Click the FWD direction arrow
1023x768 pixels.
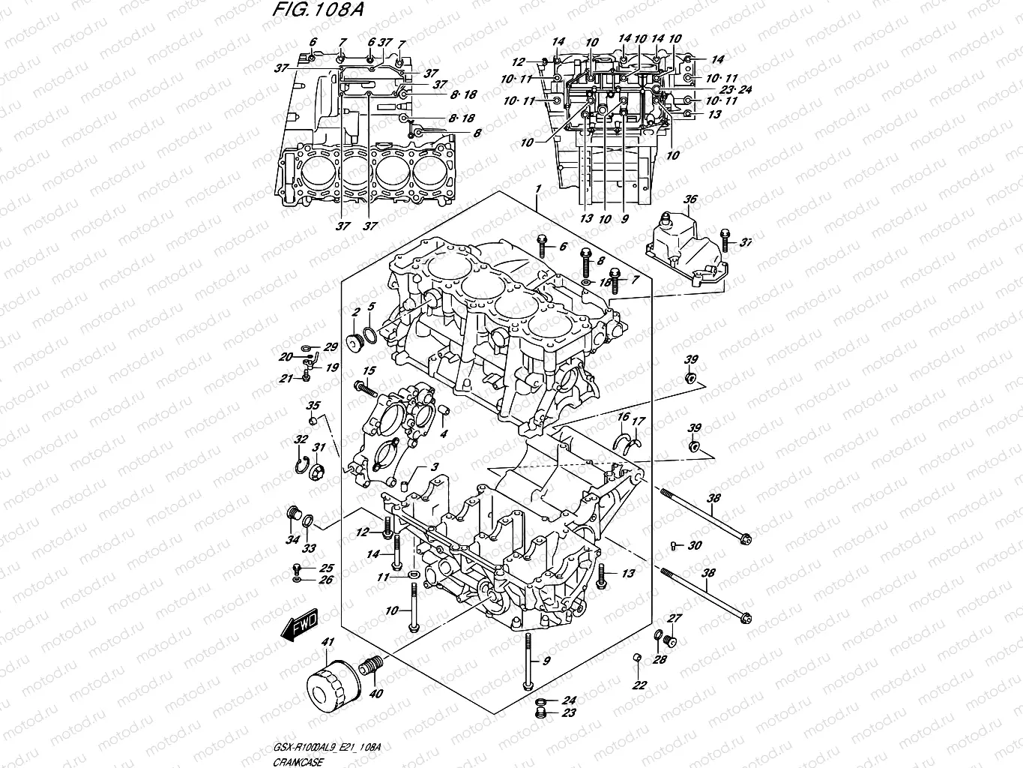pyautogui.click(x=300, y=625)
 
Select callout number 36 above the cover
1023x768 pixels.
pyautogui.click(x=690, y=199)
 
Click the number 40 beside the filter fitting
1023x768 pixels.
pyautogui.click(x=376, y=694)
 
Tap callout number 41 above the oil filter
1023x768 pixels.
pyautogui.click(x=326, y=643)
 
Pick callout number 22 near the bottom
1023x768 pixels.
pyautogui.click(x=639, y=685)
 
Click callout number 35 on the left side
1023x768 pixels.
pyautogui.click(x=312, y=406)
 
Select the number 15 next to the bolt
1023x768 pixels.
pyautogui.click(x=369, y=371)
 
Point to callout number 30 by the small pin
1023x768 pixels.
pyautogui.click(x=695, y=545)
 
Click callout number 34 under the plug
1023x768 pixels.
pyautogui.click(x=291, y=540)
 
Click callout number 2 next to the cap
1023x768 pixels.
pyautogui.click(x=357, y=311)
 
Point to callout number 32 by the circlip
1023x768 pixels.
pyautogui.click(x=301, y=439)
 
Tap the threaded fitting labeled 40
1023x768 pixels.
pyautogui.click(x=371, y=666)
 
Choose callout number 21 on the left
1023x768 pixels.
pyautogui.click(x=286, y=379)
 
